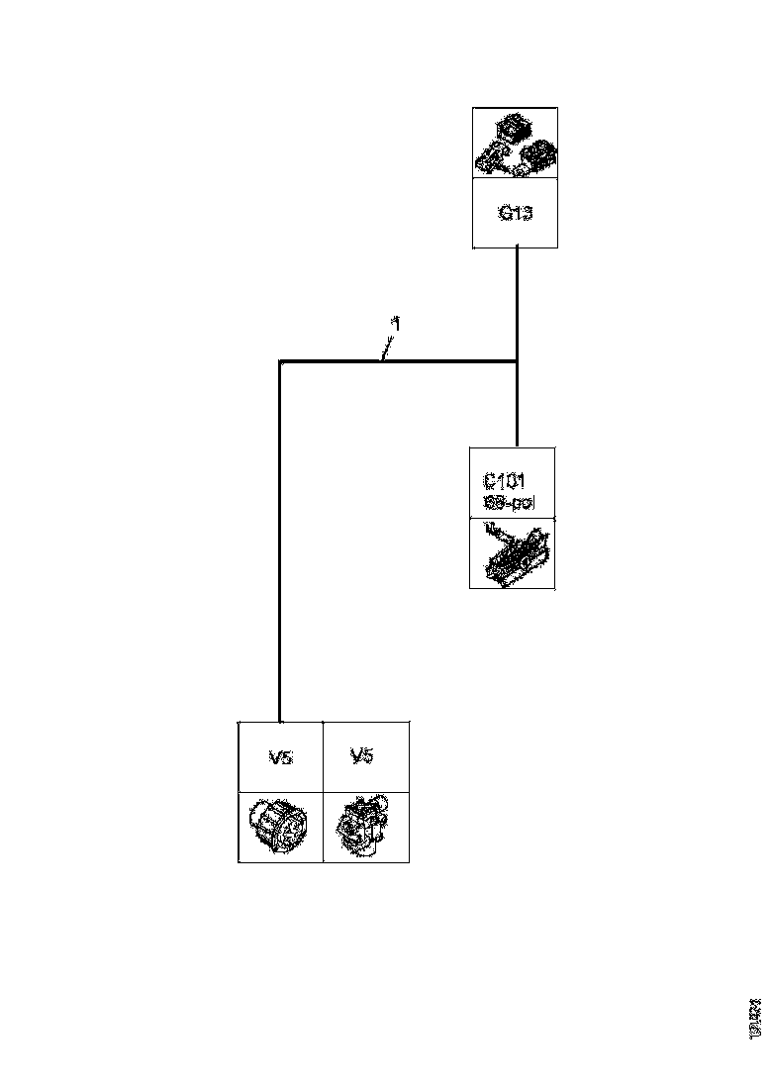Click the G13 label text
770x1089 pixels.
point(515,213)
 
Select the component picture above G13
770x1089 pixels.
point(515,145)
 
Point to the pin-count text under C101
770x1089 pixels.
point(507,503)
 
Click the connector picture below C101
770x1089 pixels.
point(513,553)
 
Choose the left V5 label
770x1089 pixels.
point(280,758)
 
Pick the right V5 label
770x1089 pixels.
point(362,757)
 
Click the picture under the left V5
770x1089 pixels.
point(280,826)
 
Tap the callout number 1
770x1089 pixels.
point(396,324)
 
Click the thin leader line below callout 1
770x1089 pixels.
point(388,346)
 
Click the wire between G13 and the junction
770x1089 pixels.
point(518,302)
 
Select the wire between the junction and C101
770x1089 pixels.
point(518,406)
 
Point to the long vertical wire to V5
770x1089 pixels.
point(280,544)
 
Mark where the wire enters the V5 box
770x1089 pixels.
point(280,722)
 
